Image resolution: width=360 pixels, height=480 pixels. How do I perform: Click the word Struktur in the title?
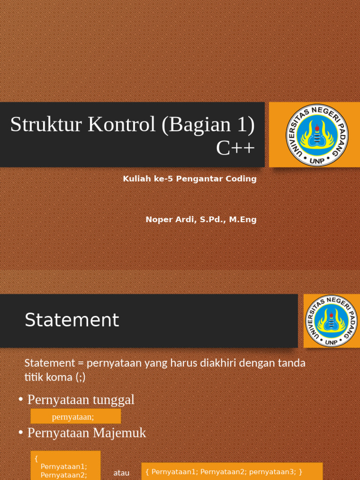pos(36,125)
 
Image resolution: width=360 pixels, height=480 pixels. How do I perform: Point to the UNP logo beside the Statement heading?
pos(332,321)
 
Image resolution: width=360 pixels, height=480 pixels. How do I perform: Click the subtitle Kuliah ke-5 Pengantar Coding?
pos(189,179)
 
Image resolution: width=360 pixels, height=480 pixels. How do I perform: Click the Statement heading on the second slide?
pos(72,321)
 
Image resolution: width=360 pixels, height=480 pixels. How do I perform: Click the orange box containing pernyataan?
pos(75,416)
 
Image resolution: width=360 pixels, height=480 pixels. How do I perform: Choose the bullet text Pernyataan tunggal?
pos(81,400)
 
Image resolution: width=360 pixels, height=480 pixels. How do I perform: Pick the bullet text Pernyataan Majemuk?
pos(87,433)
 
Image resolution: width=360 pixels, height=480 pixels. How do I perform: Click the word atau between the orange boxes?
pos(121,473)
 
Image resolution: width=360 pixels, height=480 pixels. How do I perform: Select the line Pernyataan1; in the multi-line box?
pos(64,467)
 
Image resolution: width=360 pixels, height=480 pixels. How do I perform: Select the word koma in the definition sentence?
pos(58,377)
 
